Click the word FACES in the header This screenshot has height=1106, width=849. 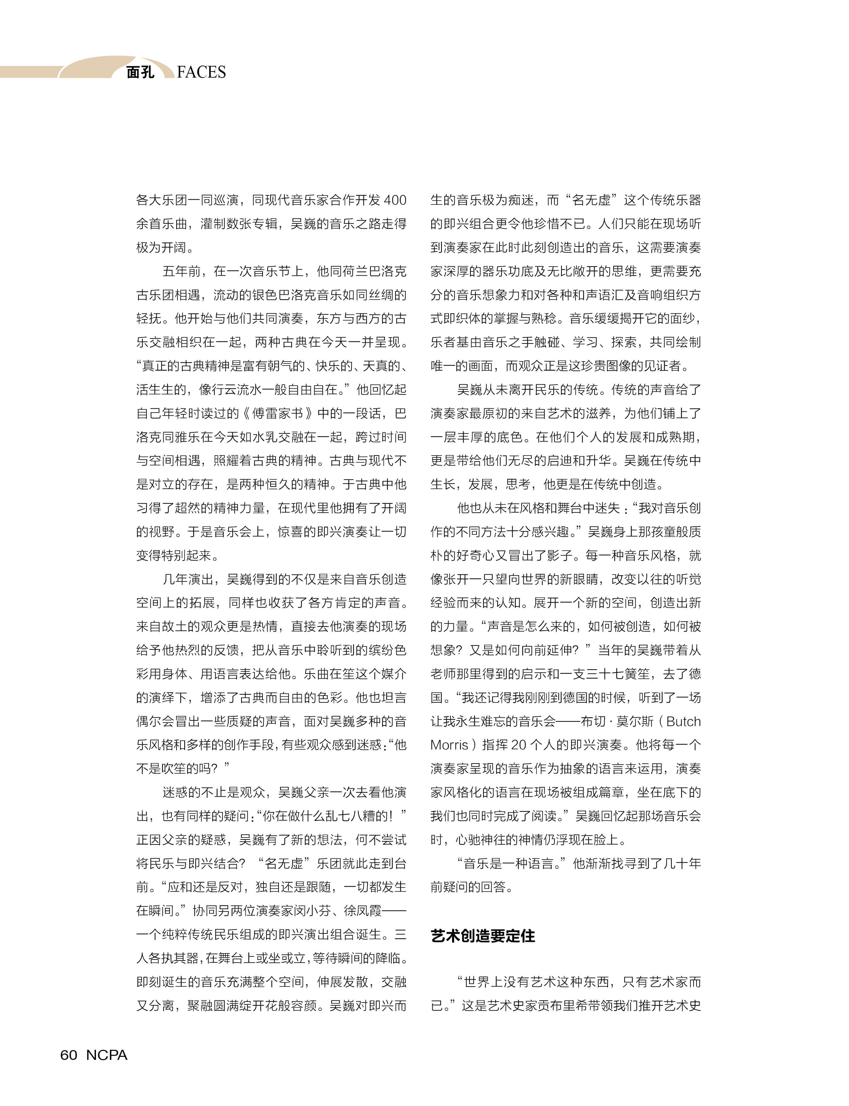201,72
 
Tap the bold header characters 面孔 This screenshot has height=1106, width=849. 140,72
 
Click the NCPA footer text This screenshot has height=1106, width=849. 107,1055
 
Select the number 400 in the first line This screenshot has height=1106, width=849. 395,200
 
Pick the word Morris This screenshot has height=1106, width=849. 449,745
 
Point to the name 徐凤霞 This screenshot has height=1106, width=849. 363,911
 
